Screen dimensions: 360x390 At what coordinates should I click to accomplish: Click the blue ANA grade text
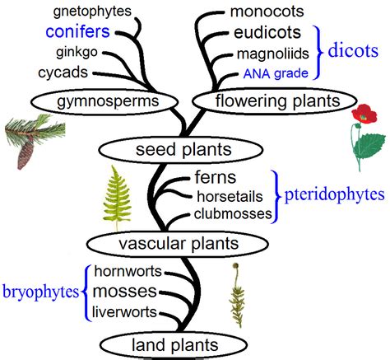(273, 73)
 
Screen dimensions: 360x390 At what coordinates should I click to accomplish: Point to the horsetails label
(233, 196)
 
